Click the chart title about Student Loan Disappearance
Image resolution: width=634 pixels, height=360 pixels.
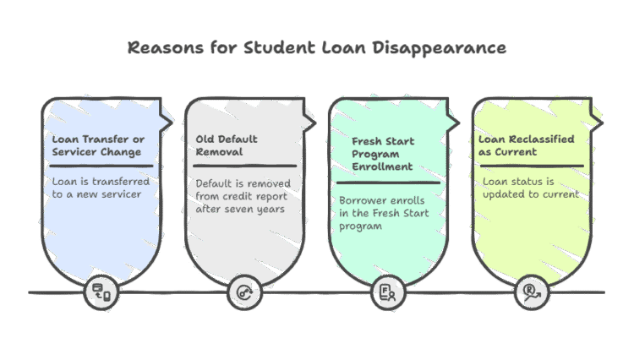click(317, 47)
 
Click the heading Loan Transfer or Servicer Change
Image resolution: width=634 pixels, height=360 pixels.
click(96, 145)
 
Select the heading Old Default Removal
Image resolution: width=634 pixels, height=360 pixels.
click(227, 145)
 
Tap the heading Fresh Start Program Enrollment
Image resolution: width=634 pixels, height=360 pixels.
click(383, 154)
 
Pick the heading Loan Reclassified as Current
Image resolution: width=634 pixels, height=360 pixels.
click(526, 145)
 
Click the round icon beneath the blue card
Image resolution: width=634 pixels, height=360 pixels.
click(102, 292)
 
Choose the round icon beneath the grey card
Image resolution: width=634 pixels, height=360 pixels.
click(244, 292)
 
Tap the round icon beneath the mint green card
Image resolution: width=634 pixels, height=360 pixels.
click(389, 292)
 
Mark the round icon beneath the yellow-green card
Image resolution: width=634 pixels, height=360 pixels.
click(531, 292)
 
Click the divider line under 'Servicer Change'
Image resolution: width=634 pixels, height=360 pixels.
click(101, 166)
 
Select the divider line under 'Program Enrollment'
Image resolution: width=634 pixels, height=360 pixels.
click(388, 182)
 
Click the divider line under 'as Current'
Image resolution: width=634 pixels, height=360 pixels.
click(531, 166)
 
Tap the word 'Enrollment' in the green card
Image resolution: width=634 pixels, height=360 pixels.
click(383, 166)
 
